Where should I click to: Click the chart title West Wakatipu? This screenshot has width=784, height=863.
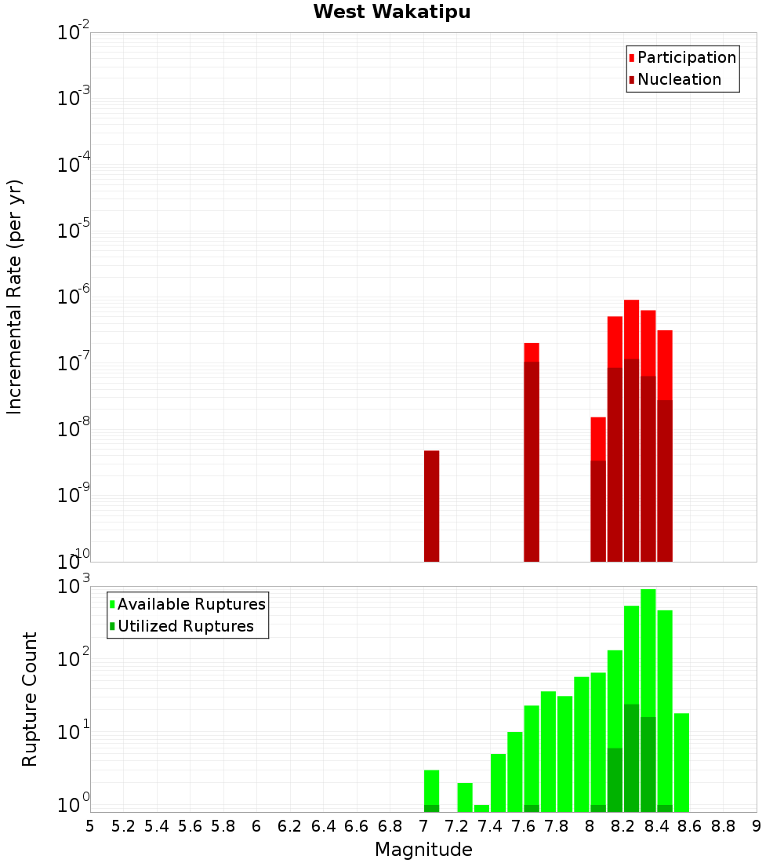click(x=392, y=13)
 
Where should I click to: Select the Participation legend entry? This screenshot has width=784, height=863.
click(x=687, y=57)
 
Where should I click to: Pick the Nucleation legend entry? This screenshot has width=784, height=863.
click(x=679, y=79)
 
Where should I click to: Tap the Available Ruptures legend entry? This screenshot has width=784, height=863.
click(x=191, y=604)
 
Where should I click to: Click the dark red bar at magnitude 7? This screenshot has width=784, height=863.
click(x=431, y=506)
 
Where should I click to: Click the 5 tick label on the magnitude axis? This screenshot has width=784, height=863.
click(x=90, y=826)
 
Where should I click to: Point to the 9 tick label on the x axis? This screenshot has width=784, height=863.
click(x=757, y=826)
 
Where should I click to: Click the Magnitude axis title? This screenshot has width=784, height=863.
click(x=423, y=850)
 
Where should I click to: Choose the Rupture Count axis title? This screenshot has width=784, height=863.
click(x=30, y=698)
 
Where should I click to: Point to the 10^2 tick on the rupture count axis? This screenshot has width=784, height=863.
click(x=74, y=659)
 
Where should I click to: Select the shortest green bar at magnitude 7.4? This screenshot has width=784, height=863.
click(x=481, y=808)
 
